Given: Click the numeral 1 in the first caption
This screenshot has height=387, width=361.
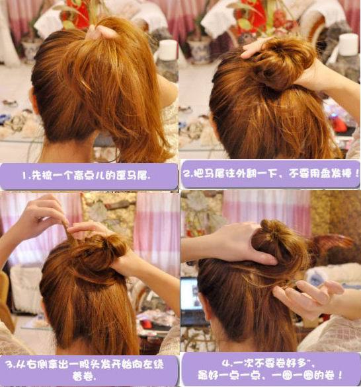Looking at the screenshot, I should point(24,176).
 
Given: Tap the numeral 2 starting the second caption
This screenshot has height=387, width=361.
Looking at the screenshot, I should point(187,176).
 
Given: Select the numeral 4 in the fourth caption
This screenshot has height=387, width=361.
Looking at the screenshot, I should point(225,363).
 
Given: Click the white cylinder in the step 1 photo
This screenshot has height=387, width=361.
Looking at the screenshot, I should point(167,50).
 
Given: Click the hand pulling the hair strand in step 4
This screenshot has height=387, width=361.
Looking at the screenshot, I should point(307,297).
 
